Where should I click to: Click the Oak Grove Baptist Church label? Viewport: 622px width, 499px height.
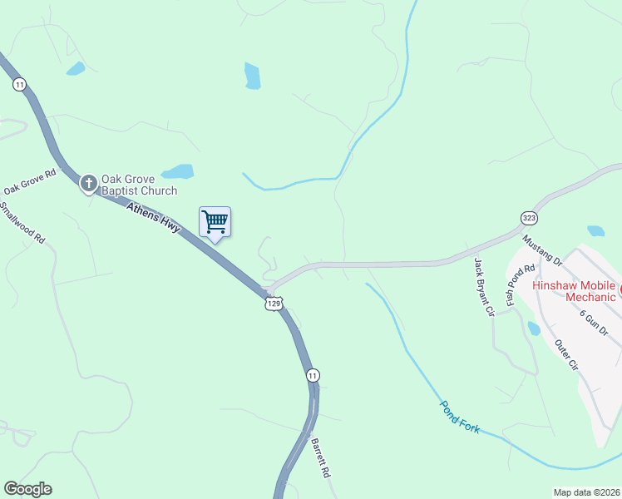tap(139, 185)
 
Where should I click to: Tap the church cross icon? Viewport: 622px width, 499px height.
tap(89, 183)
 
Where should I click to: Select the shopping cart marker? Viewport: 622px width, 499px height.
tap(215, 222)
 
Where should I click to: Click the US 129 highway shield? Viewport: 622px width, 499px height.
tap(274, 304)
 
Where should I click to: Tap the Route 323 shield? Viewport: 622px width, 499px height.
tap(529, 218)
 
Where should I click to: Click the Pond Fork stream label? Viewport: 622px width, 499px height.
tap(460, 418)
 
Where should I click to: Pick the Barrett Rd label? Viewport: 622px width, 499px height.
tap(321, 458)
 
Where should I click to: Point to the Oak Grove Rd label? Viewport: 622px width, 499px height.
tap(29, 183)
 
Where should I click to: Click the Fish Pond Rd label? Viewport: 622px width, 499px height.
tap(511, 285)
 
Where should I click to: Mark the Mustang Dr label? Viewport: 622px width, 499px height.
tap(542, 249)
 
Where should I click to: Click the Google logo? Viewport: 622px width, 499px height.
tap(27, 489)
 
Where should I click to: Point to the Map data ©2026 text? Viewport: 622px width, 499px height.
tap(586, 492)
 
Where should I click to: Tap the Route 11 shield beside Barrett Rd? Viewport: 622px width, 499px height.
tap(311, 375)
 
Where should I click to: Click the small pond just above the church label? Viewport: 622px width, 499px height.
tap(177, 172)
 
